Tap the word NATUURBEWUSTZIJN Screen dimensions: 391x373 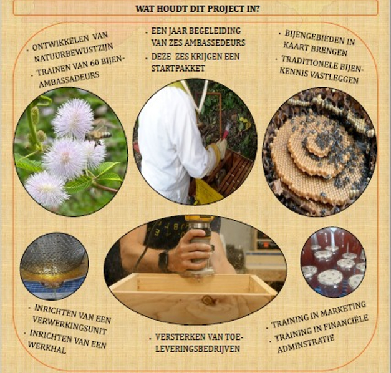click(x=74, y=52)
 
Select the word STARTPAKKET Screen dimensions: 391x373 click(x=178, y=69)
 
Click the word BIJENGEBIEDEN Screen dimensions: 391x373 click(x=320, y=37)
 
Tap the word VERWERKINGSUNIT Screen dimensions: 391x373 click(x=70, y=326)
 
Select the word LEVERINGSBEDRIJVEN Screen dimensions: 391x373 click(x=198, y=349)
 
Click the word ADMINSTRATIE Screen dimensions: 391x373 click(x=306, y=344)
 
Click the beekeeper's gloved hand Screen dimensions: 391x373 click(x=221, y=148)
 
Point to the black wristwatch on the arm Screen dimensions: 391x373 click(x=163, y=261)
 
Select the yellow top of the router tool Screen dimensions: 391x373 click(x=200, y=218)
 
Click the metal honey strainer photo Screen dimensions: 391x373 click(x=54, y=266)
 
